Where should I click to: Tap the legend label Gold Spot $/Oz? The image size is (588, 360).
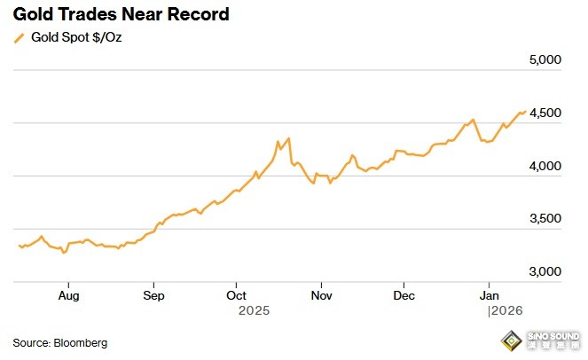76,37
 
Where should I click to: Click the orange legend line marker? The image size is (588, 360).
18,37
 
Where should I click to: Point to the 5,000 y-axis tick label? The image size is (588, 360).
545,60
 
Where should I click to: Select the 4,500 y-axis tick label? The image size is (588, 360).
545,113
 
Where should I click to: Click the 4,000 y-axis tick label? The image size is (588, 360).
545,166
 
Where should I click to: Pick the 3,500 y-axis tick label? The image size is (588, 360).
545,219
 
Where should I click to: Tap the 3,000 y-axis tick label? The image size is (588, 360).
545,272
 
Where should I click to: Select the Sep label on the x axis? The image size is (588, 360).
153,294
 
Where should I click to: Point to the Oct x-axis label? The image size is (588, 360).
236,294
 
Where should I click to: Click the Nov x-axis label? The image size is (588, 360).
321,294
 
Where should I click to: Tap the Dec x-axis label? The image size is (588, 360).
404,294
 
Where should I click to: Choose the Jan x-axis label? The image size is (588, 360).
488,294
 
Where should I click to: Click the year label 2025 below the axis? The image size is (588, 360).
254,311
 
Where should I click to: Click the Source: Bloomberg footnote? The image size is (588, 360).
59,342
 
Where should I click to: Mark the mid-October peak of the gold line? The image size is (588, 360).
288,138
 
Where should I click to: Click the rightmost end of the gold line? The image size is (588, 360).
525,111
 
